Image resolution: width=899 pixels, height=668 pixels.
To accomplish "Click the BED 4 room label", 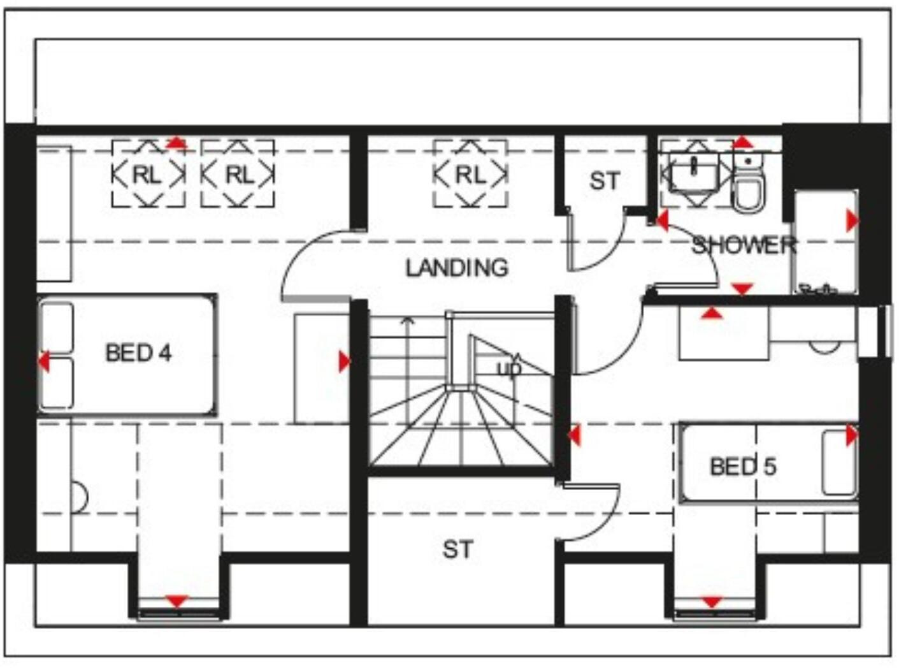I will point(138,352).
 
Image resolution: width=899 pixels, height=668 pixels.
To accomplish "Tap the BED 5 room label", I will point(743,467).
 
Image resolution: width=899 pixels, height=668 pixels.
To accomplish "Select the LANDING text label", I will point(457,268).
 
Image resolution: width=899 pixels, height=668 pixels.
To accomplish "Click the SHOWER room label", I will point(744,245).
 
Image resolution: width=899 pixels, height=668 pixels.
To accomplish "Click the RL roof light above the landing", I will point(470,174).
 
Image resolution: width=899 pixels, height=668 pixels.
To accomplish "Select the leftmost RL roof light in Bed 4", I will point(148,174).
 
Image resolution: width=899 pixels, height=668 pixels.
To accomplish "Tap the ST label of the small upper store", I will point(604,181).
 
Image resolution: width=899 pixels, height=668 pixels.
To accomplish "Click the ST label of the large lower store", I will point(457,549).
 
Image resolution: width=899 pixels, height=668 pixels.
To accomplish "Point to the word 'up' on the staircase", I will point(508,368).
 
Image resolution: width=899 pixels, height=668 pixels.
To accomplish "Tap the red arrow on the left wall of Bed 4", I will point(44,361).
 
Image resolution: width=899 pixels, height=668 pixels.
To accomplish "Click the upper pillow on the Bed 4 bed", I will point(57,327).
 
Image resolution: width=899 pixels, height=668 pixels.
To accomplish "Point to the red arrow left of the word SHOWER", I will point(662,221).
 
